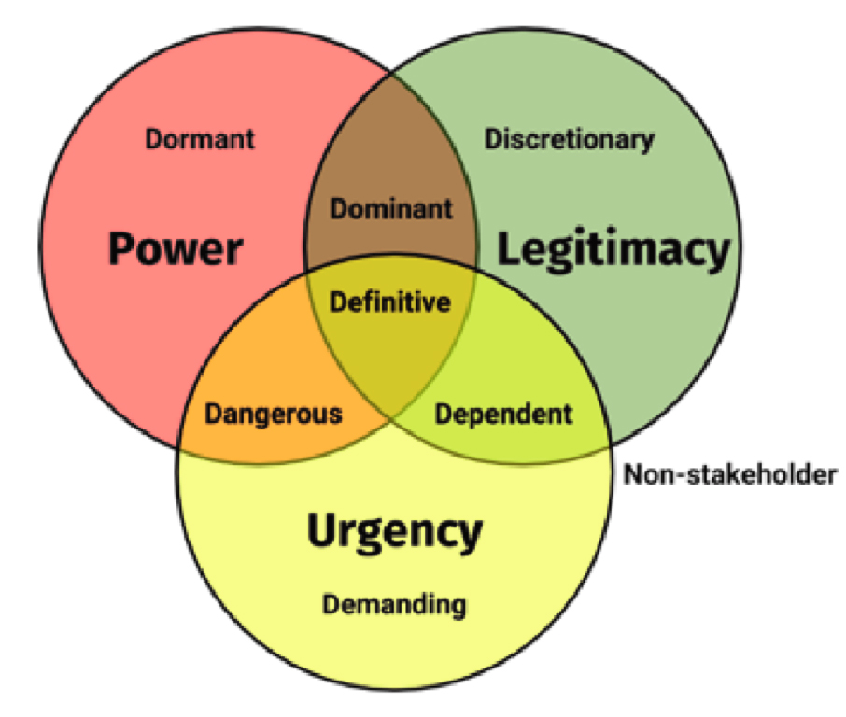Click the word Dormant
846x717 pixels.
coord(200,139)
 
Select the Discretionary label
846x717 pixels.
coord(569,139)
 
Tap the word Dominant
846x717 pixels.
coord(391,208)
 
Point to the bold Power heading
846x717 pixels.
coord(175,249)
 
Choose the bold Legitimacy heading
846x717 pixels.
coord(612,249)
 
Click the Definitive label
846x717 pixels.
coord(391,302)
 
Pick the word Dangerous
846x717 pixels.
coord(274,413)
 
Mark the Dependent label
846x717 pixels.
coord(504,413)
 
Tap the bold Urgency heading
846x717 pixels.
coord(394,532)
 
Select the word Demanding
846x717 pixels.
coord(394,604)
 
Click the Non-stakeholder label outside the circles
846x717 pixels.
coord(730,474)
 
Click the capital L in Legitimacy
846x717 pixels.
coord(505,249)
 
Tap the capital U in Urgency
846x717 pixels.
coord(320,531)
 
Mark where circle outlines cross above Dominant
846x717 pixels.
coord(391,73)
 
